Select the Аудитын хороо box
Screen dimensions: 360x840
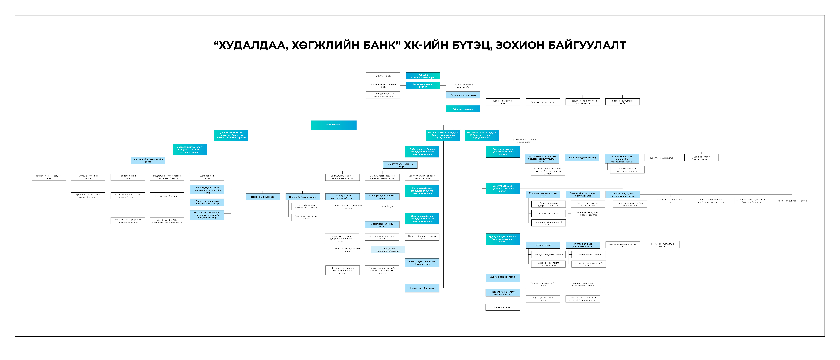(383, 76)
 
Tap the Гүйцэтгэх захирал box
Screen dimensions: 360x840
(463, 109)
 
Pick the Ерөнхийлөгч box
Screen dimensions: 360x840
(334, 125)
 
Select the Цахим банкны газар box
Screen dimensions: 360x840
(263, 197)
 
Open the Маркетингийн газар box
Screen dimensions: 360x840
(422, 288)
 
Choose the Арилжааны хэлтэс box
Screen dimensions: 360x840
(549, 214)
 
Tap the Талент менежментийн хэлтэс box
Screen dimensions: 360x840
(543, 284)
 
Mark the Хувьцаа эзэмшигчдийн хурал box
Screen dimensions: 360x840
(423, 76)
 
